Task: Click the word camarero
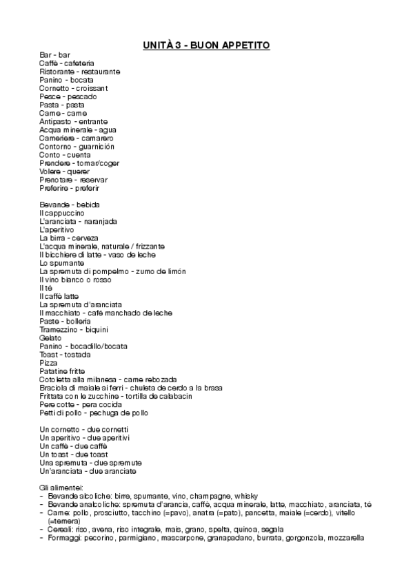tap(97, 138)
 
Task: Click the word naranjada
tap(99, 222)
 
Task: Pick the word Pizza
tap(48, 363)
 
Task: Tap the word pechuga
tap(104, 413)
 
